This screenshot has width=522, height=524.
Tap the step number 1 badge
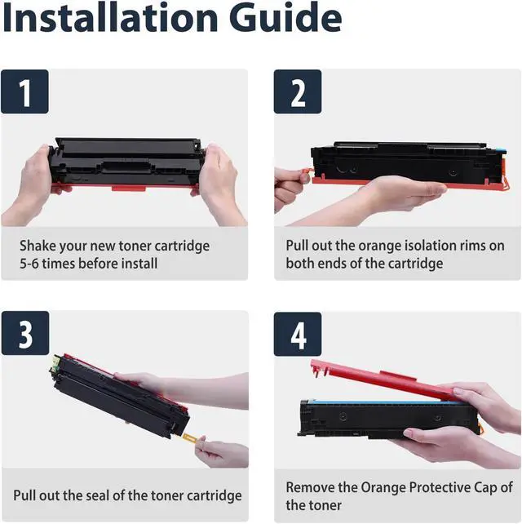24,91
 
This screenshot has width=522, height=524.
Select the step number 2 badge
298,91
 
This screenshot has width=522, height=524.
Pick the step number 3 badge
25,333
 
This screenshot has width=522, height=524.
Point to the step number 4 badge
298,334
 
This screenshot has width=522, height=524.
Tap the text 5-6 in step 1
29,264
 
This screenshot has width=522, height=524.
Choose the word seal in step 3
98,495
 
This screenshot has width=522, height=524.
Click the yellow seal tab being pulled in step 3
190,437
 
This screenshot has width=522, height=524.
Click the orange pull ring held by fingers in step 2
307,173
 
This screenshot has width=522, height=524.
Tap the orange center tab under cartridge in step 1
129,189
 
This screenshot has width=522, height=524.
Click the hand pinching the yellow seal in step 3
221,454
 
